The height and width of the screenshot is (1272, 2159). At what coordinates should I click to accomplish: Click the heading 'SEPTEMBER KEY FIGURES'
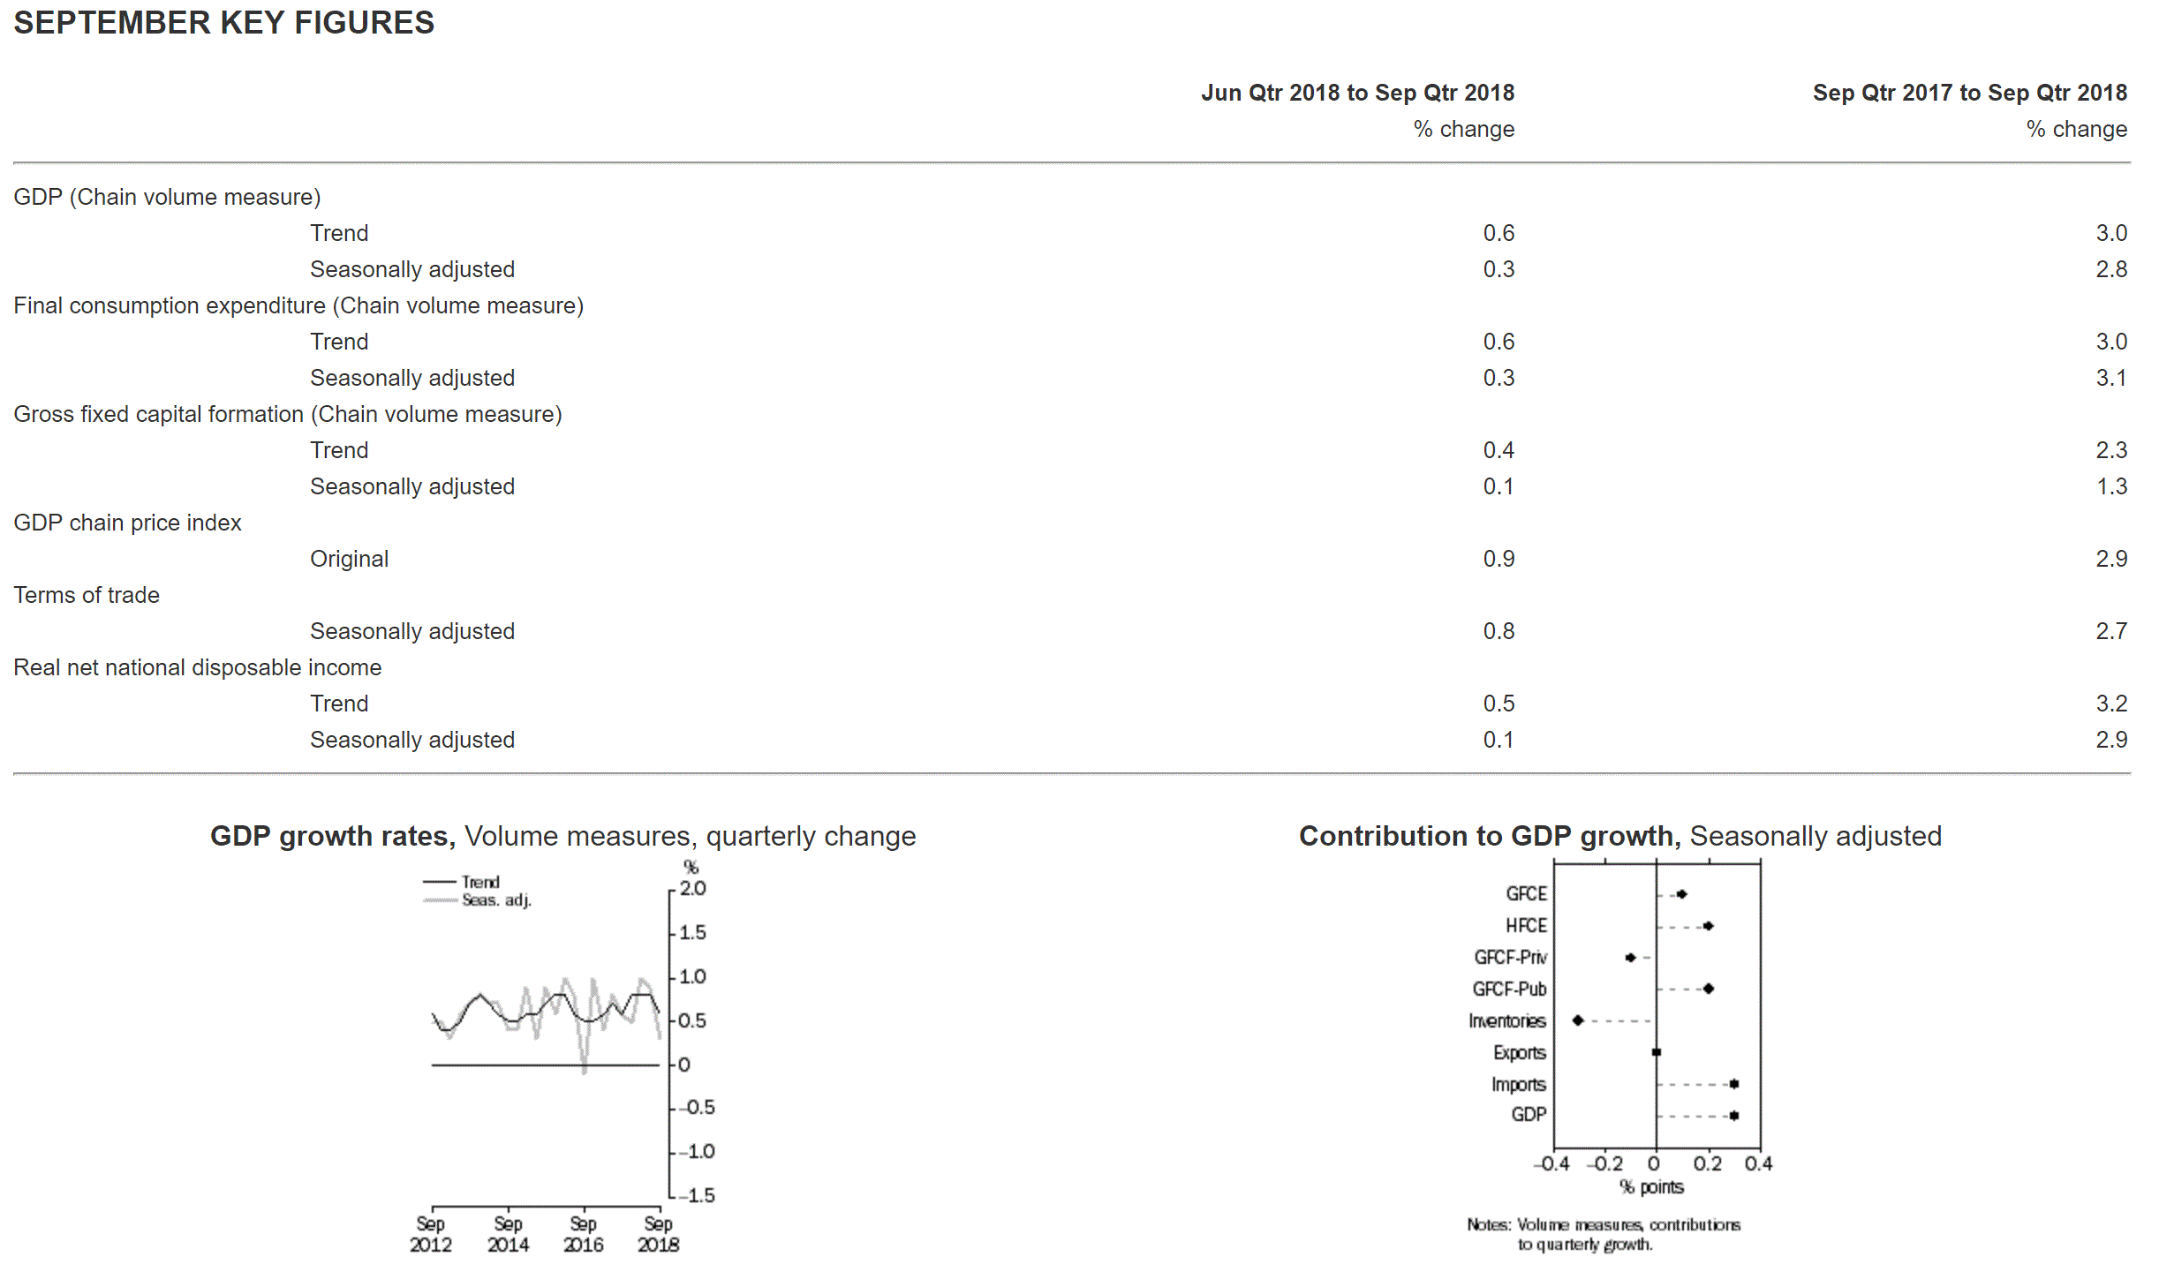click(x=223, y=23)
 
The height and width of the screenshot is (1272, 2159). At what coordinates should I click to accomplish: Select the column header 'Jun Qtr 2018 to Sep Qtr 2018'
click(x=1357, y=93)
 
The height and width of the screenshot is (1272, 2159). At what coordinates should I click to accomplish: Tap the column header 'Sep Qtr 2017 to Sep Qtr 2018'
click(x=1969, y=93)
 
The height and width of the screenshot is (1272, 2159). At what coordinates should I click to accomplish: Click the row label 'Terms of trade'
click(x=87, y=595)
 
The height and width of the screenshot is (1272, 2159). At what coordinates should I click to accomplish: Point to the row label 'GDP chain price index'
click(x=127, y=523)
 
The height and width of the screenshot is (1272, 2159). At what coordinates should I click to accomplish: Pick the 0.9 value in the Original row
click(x=1498, y=559)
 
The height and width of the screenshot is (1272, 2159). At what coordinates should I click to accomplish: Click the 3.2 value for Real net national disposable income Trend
click(x=2110, y=704)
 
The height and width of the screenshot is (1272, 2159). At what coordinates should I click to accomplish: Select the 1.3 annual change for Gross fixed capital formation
click(x=2110, y=486)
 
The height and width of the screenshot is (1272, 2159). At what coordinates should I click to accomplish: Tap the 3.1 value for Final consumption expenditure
click(x=2110, y=378)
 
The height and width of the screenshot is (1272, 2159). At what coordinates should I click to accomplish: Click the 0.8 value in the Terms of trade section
click(x=1498, y=631)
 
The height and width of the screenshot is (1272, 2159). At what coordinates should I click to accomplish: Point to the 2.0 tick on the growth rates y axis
click(x=692, y=889)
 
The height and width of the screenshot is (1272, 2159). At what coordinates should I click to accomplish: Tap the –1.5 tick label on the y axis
click(x=698, y=1195)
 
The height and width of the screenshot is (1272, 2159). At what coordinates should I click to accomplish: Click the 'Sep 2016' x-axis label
click(x=583, y=1234)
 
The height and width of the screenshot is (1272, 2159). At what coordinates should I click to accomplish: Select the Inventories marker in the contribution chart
click(x=1578, y=1020)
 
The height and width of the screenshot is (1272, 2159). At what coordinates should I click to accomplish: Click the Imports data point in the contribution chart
click(x=1734, y=1084)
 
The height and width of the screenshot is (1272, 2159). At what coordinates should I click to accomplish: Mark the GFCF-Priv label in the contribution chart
click(x=1510, y=958)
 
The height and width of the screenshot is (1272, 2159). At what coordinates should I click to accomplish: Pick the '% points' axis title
click(x=1651, y=1187)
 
